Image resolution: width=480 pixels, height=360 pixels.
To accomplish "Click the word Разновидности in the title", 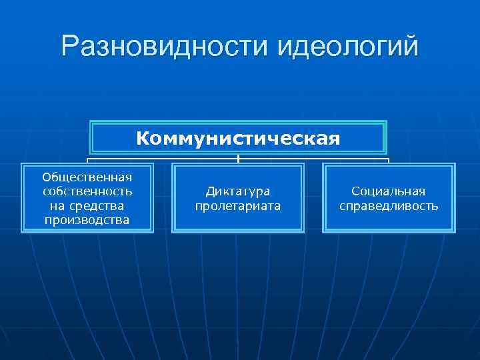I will (164, 47).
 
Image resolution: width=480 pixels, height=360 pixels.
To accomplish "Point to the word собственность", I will (87, 191).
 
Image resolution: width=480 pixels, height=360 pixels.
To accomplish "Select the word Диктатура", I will (238, 191).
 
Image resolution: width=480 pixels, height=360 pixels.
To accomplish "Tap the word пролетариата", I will (238, 206).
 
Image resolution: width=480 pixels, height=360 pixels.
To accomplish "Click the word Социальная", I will (389, 191).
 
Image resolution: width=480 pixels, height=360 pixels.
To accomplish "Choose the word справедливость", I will (389, 206).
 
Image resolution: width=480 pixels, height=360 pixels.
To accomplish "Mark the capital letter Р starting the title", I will (69, 47).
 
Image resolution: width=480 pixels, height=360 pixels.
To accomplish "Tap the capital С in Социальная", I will (356, 191).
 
